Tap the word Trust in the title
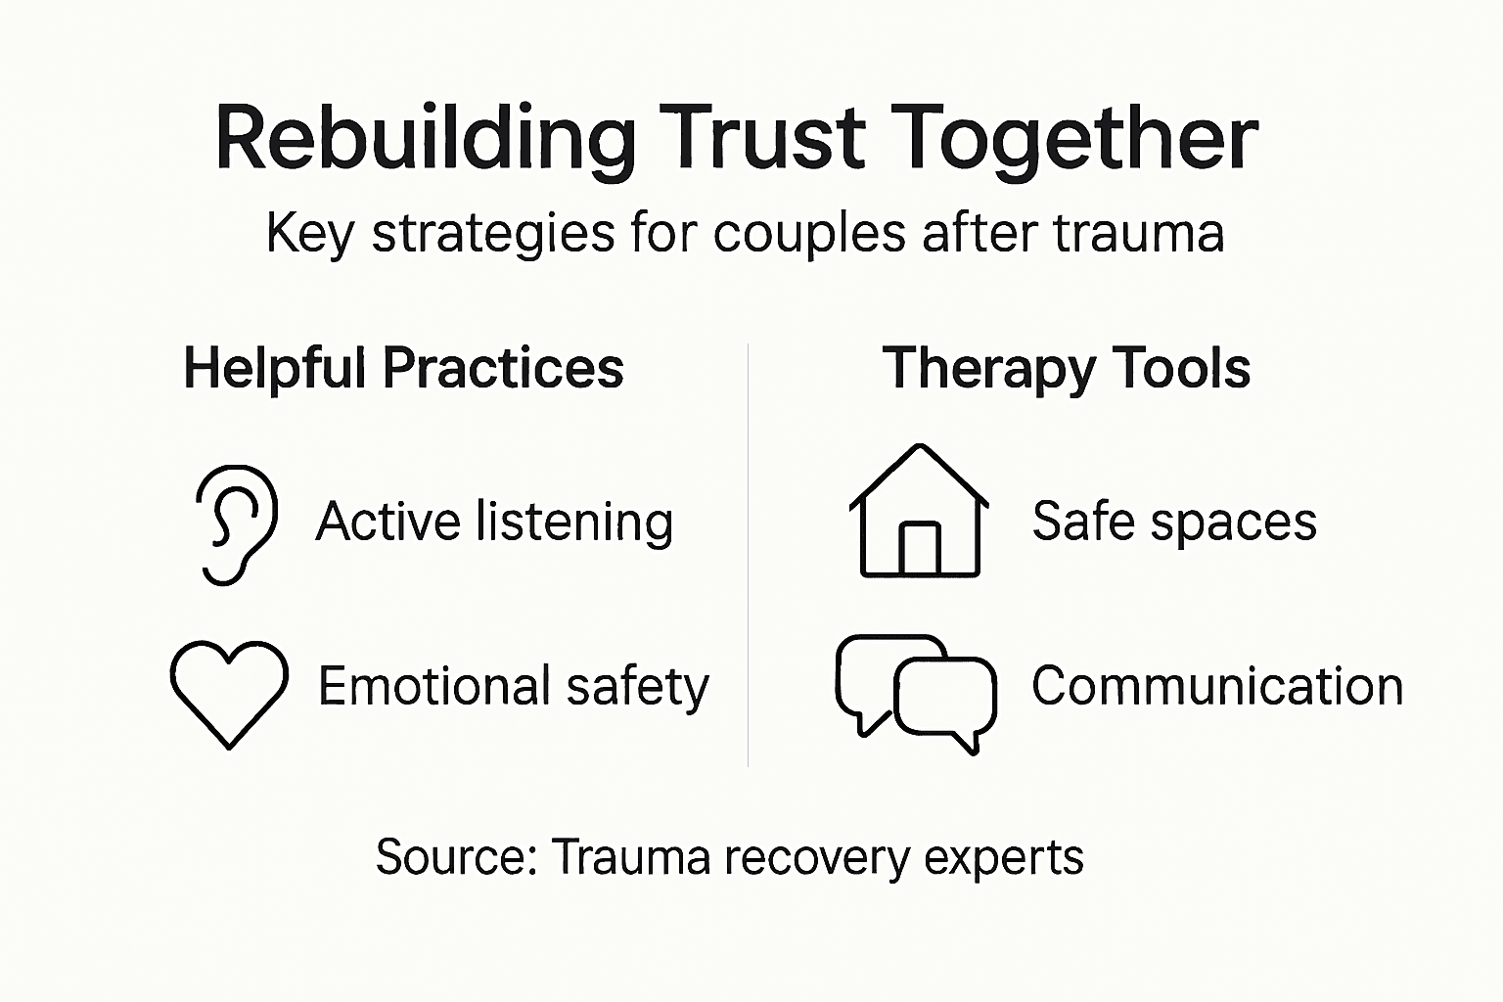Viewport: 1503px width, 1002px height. tap(762, 138)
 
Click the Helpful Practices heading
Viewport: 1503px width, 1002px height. tap(403, 369)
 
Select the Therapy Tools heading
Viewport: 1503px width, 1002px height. tap(1067, 369)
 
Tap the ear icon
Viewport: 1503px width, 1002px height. tap(236, 524)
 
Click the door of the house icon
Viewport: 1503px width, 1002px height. tap(919, 549)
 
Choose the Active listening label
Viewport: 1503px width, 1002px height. tap(494, 522)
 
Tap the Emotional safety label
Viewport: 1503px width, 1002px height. tap(513, 687)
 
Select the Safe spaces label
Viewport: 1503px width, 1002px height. tap(1174, 522)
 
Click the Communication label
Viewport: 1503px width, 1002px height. tap(1217, 686)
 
